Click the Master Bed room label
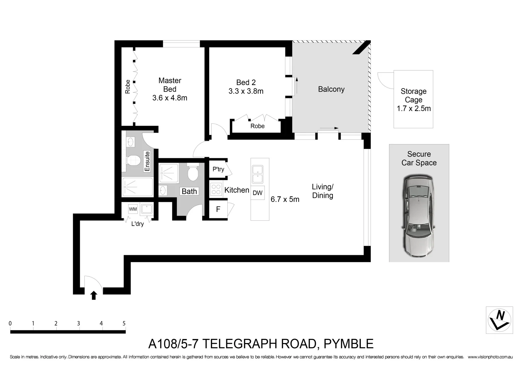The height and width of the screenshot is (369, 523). coord(170,85)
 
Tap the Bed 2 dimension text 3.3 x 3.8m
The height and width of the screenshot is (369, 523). coord(246,91)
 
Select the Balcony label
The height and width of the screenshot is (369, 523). coord(331,89)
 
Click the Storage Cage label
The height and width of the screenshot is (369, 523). coord(413,96)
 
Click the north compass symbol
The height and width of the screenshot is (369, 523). coord(499,320)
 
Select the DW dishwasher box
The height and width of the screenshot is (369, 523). coord(257,193)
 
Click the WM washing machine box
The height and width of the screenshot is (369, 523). coord(133,209)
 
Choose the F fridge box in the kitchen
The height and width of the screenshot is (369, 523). coord(218,209)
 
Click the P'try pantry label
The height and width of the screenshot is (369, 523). coord(218,169)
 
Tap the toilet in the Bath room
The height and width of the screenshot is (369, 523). coord(193,173)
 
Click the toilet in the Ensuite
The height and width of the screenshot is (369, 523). coord(133,160)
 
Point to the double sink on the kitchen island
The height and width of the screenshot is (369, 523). coord(257,174)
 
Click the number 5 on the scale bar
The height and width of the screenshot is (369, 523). coord(124,323)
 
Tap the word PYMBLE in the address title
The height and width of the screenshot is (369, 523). coord(348,344)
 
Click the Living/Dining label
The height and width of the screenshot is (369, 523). coord(323,191)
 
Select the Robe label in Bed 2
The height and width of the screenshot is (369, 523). coord(257,126)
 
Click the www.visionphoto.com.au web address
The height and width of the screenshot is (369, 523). coord(490,357)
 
